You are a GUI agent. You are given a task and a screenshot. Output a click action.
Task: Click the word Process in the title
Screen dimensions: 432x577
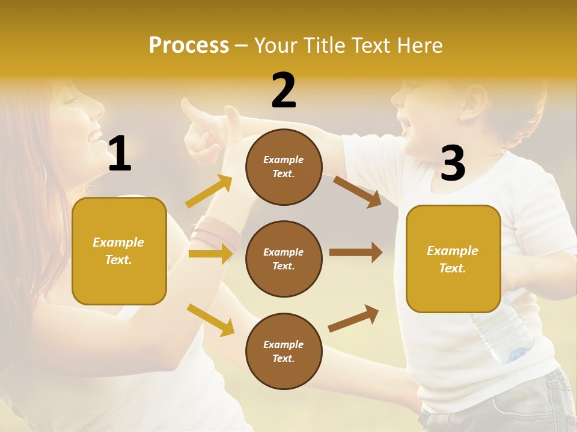(189, 46)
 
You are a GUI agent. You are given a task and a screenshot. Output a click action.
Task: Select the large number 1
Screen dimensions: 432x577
(120, 154)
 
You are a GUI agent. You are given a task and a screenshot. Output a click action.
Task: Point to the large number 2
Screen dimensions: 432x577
(284, 91)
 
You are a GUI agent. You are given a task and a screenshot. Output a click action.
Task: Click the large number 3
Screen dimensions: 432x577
(453, 163)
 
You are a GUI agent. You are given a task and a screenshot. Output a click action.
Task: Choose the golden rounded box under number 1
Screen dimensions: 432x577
(119, 251)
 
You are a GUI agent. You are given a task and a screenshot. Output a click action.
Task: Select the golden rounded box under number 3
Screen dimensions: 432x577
(453, 259)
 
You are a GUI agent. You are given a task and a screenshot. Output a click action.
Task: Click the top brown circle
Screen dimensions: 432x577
(284, 167)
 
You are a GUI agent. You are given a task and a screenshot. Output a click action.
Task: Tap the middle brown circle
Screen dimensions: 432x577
(284, 259)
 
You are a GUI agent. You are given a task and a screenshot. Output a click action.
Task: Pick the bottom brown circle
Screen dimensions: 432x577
(284, 351)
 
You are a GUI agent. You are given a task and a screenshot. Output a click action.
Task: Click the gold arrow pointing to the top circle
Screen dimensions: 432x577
(209, 191)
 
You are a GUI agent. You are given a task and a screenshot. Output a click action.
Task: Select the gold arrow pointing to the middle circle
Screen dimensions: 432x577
(210, 254)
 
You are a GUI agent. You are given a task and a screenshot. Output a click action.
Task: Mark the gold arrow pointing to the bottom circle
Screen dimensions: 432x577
(210, 319)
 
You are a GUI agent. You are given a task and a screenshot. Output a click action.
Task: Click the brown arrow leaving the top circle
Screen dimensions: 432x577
(357, 191)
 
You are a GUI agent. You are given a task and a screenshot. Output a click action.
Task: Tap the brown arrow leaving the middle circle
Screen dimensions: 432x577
(355, 253)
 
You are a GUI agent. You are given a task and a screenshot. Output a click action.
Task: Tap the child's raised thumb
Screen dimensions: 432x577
(191, 112)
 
